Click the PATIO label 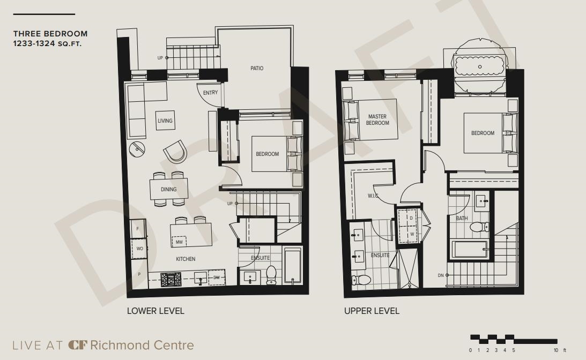(x=257, y=69)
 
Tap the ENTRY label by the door (x=210, y=93)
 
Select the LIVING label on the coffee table (x=165, y=121)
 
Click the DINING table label (x=168, y=189)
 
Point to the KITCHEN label (x=186, y=259)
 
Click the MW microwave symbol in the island (x=179, y=242)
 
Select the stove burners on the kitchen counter (x=171, y=279)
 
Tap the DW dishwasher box (x=217, y=277)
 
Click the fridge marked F (x=138, y=229)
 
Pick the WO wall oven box (x=139, y=249)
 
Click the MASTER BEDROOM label (x=377, y=119)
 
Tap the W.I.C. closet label (x=373, y=196)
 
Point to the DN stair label (x=441, y=275)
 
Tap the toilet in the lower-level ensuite (x=271, y=275)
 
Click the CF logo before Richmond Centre (x=77, y=344)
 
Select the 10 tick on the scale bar (x=555, y=350)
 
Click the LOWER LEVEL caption (x=155, y=311)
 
